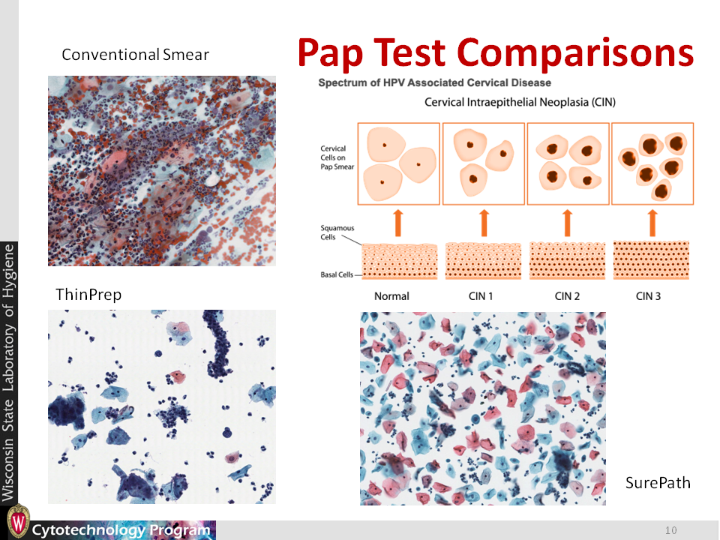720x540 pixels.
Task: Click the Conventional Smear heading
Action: (136, 55)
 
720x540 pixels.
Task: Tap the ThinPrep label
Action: (88, 294)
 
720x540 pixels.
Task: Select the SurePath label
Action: (658, 482)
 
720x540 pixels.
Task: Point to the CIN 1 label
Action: (481, 296)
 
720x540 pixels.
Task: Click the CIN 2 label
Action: (567, 296)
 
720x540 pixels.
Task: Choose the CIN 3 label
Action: (648, 296)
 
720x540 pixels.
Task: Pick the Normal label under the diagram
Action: (391, 296)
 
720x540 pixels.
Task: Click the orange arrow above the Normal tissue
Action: (398, 223)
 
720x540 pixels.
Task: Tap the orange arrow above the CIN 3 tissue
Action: (652, 223)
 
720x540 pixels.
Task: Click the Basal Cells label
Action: (337, 274)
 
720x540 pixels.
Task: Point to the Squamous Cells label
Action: (337, 232)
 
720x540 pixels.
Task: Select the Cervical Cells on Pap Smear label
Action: (337, 157)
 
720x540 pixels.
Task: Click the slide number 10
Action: (670, 530)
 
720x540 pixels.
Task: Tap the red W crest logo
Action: (18, 522)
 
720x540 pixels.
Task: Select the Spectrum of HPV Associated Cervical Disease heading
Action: (434, 82)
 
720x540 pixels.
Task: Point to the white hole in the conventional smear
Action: (211, 179)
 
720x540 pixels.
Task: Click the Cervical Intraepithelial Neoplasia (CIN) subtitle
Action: (520, 102)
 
